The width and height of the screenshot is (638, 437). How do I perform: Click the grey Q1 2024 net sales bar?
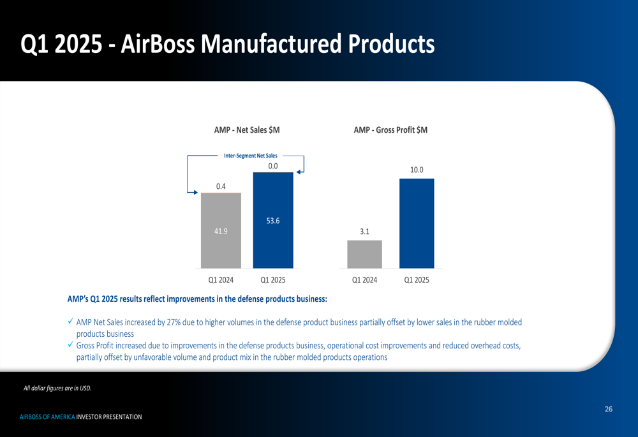(x=221, y=231)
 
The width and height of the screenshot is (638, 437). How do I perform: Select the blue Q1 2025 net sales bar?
(x=273, y=221)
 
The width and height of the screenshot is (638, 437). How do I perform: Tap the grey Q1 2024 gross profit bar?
(x=364, y=255)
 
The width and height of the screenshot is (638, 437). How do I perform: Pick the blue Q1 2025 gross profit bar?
(x=417, y=223)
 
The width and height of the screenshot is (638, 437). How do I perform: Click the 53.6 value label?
(x=273, y=221)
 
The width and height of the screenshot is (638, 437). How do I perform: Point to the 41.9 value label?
(x=221, y=231)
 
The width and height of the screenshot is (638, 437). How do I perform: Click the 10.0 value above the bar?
(x=417, y=170)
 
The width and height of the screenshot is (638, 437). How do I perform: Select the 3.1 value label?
(x=364, y=232)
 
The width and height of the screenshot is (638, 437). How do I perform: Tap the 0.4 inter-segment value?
(x=221, y=186)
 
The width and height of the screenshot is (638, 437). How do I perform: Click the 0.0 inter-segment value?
(x=273, y=166)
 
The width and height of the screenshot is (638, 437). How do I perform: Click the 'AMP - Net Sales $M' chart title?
(x=247, y=130)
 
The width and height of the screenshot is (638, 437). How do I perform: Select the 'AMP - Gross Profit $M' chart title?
(x=390, y=130)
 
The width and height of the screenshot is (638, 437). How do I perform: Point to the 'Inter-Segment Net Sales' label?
(x=251, y=156)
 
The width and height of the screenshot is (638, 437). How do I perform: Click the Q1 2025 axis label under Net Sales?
(x=273, y=280)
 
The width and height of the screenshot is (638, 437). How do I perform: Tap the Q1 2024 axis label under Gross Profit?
(x=364, y=280)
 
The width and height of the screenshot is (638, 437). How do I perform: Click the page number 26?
(x=609, y=409)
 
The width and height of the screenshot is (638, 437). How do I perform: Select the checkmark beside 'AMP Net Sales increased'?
(x=71, y=322)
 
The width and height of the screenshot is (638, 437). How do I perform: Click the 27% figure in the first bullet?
(x=174, y=322)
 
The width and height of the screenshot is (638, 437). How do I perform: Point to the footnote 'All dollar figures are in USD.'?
(x=57, y=388)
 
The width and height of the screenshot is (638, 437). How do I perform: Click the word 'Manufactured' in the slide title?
(x=271, y=43)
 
